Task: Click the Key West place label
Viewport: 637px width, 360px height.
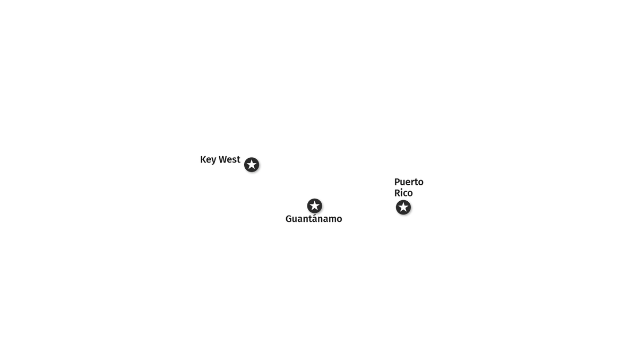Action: (220, 160)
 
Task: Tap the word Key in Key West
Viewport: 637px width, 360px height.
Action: (208, 160)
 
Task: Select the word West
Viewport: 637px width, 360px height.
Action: (229, 159)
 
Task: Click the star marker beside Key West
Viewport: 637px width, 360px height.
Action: (252, 165)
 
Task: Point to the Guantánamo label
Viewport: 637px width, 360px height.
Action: (314, 219)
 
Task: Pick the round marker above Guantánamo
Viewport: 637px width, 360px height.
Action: (314, 206)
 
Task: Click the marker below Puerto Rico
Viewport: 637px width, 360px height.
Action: (403, 207)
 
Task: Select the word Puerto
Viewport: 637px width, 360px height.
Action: (409, 182)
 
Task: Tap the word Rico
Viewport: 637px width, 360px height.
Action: (403, 193)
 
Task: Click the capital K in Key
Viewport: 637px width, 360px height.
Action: (203, 159)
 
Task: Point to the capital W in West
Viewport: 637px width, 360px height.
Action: (223, 159)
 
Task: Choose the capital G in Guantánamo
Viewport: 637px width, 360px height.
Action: (289, 219)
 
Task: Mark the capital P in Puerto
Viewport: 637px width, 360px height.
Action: (397, 182)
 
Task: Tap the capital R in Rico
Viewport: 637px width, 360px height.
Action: (397, 193)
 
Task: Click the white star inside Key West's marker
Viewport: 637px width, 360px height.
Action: (252, 165)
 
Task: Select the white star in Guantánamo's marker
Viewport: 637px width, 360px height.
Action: (314, 205)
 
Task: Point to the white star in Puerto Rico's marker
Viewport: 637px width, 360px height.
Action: (403, 207)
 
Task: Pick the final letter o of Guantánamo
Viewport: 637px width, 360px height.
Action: (339, 220)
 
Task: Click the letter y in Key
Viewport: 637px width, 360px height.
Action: (213, 161)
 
